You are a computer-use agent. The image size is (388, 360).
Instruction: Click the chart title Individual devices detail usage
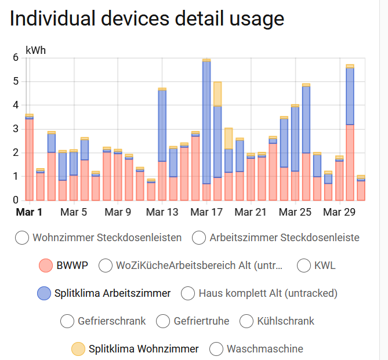[x=147, y=19]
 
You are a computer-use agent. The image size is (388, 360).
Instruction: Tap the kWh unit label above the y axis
[x=35, y=50]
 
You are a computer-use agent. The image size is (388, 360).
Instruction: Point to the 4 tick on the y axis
[x=16, y=106]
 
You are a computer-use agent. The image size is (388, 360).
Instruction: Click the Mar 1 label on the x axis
[x=28, y=212]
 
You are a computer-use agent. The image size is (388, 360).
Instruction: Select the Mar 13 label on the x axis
[x=162, y=212]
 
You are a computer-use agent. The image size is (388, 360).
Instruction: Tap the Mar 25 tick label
[x=295, y=212]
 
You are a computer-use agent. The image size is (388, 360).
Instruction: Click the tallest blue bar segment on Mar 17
[x=206, y=122]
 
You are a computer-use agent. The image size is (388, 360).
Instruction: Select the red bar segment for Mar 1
[x=29, y=159]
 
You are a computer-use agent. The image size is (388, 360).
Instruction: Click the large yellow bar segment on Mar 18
[x=217, y=94]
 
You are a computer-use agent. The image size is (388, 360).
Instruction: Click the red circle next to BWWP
[x=46, y=266]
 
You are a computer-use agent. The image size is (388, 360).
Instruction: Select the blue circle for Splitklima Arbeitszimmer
[x=43, y=293]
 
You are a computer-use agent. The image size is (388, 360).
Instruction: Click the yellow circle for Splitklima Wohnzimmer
[x=78, y=349]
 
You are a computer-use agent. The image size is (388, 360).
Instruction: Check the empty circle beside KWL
[x=304, y=266]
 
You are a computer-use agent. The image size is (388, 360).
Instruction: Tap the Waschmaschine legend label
[x=264, y=349]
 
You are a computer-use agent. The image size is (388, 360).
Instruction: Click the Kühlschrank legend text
[x=285, y=321]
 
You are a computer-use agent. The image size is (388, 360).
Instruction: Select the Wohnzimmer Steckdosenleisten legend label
[x=107, y=238]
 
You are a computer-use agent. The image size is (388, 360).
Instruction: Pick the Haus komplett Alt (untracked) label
[x=268, y=293]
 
